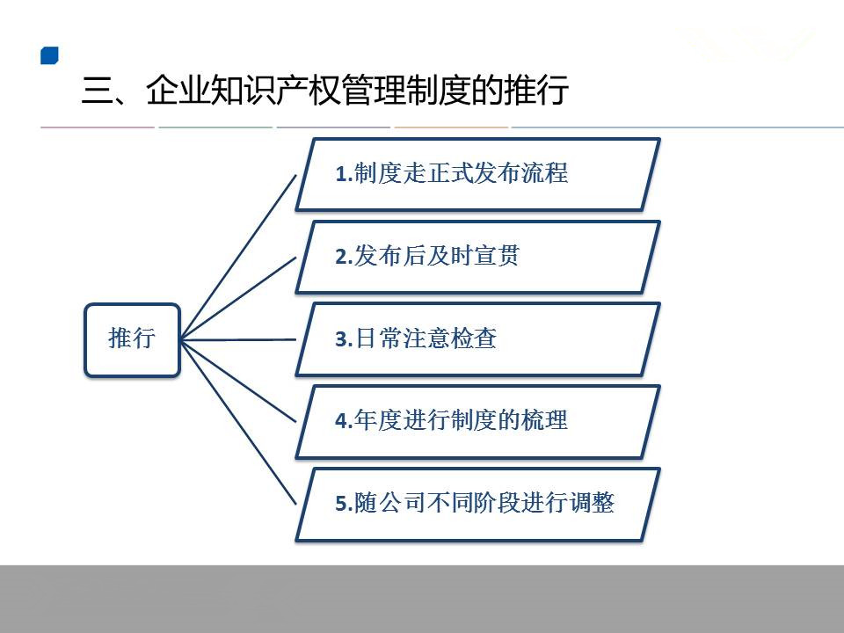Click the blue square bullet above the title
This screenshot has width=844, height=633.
click(x=49, y=55)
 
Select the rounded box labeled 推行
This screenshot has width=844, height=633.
click(x=132, y=340)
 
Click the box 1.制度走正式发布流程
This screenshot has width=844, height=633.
click(x=478, y=174)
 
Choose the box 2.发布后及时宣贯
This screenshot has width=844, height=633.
click(x=478, y=257)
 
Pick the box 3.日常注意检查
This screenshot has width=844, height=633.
click(x=478, y=339)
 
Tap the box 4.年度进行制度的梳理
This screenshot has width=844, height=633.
click(x=478, y=422)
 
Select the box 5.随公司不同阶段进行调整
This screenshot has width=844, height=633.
click(x=478, y=505)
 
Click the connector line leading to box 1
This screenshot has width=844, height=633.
click(x=238, y=257)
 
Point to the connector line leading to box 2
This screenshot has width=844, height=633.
click(x=238, y=298)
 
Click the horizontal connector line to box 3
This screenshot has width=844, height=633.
click(x=238, y=339)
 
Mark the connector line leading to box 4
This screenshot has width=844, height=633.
click(x=238, y=381)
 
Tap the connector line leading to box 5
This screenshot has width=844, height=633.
click(x=238, y=423)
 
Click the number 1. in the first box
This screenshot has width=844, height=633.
click(x=344, y=174)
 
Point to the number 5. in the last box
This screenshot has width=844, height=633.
click(x=344, y=503)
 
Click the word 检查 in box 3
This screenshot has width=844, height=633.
click(x=474, y=338)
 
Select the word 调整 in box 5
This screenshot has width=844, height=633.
click(x=592, y=503)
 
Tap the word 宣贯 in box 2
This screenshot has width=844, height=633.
click(x=497, y=256)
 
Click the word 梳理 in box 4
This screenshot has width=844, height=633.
click(x=544, y=420)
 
